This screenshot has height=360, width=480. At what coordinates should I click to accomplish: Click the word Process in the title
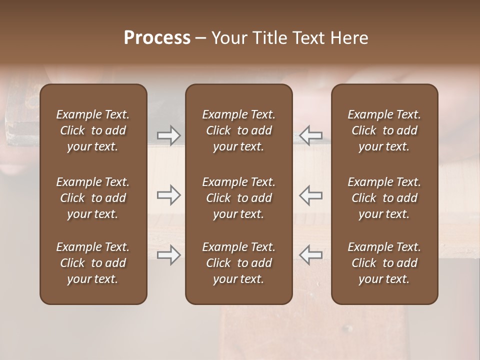157,38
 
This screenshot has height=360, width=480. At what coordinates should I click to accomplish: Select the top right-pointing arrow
169,135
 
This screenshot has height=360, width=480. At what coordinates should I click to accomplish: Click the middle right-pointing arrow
169,195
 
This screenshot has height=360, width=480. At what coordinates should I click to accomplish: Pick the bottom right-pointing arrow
169,255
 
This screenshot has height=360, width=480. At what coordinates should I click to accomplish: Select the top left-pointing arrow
311,135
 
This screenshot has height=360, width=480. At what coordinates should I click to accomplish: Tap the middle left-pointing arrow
311,195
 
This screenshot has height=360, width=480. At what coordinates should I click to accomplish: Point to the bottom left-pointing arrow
311,255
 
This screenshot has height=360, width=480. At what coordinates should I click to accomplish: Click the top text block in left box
93,130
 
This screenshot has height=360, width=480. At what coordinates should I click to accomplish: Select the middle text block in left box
93,198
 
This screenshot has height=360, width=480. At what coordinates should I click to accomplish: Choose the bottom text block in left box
93,263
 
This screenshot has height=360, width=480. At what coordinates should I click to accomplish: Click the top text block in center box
239,130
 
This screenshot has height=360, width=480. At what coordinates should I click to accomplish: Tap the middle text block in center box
239,198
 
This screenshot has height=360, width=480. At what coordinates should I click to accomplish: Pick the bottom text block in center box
239,263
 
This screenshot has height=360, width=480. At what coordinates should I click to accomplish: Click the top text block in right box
384,130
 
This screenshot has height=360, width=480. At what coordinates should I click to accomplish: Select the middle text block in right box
384,198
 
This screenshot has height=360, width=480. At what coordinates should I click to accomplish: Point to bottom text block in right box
384,263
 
